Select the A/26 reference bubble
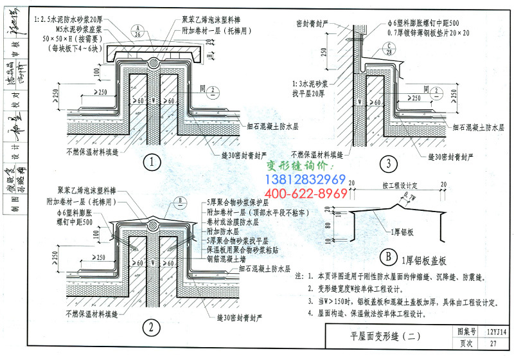[139, 32]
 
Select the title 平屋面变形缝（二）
[381, 335]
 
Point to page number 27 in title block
[493, 343]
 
